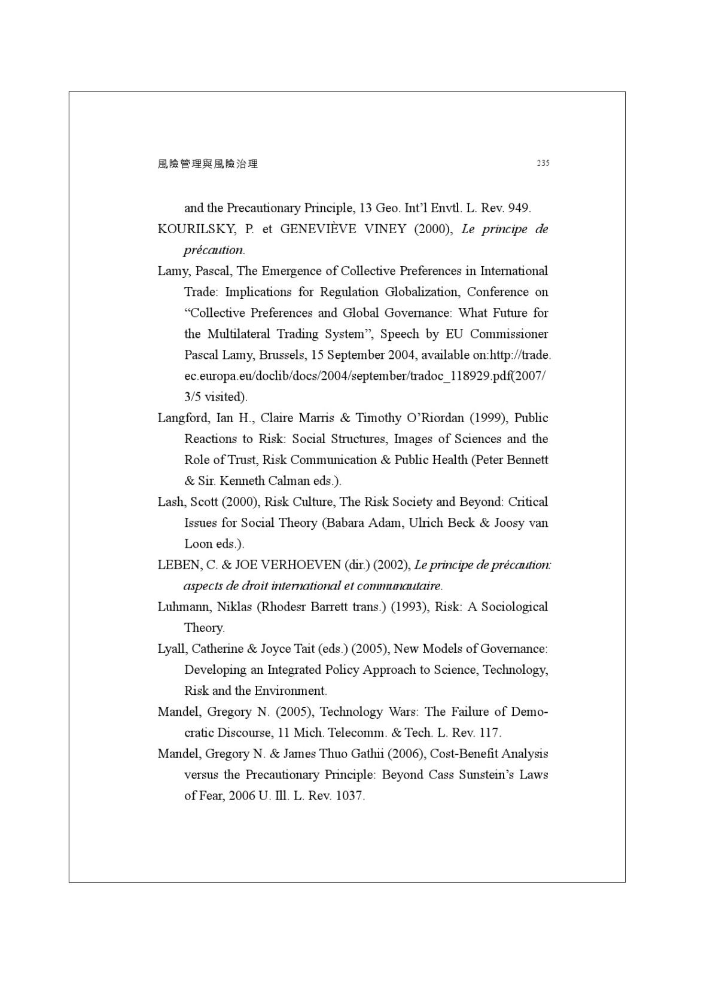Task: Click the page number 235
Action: (543, 163)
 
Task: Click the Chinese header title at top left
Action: (208, 164)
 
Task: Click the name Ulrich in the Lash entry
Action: (426, 523)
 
